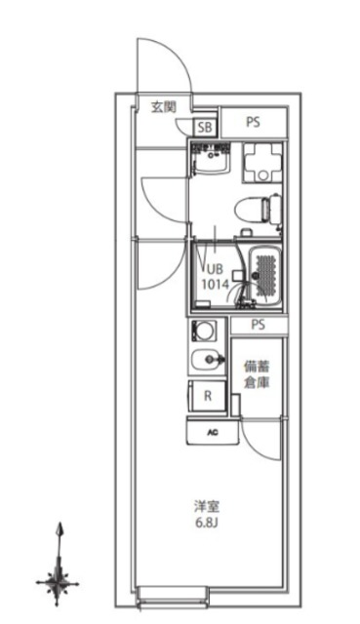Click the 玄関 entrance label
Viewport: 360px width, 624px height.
point(163,106)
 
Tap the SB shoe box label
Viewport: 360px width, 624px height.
point(205,127)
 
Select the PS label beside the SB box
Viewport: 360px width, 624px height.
point(253,123)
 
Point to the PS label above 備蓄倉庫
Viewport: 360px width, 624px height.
point(259,326)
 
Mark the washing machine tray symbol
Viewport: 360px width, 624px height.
point(260,162)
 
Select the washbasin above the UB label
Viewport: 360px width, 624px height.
point(210,159)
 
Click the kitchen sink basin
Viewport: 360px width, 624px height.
point(206,362)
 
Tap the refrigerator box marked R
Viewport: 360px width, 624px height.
point(207,396)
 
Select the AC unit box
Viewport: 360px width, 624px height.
point(210,430)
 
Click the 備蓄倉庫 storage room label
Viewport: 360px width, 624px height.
point(259,374)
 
